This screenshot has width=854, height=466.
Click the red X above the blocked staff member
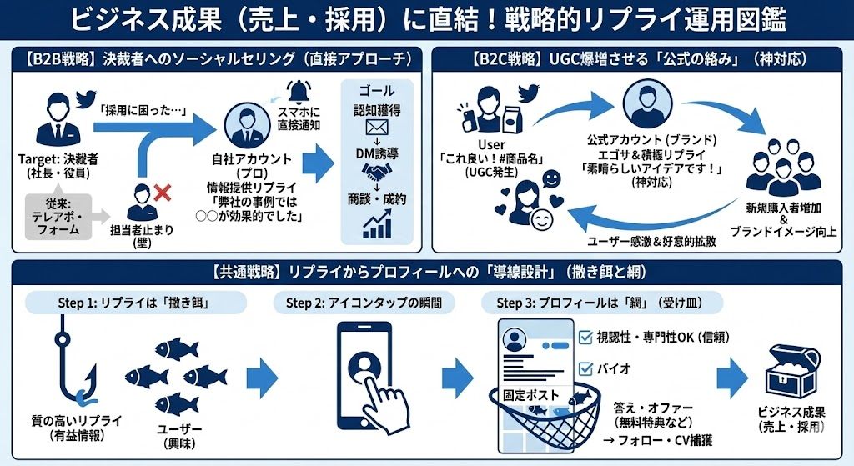pyautogui.click(x=162, y=193)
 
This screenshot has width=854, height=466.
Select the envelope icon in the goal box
pyautogui.click(x=377, y=128)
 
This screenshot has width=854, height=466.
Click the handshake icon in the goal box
pyautogui.click(x=377, y=171)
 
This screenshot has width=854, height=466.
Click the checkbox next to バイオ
pyautogui.click(x=585, y=368)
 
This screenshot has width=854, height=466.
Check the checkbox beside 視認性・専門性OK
pyautogui.click(x=585, y=337)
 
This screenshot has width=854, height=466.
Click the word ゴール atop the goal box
pyautogui.click(x=377, y=90)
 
